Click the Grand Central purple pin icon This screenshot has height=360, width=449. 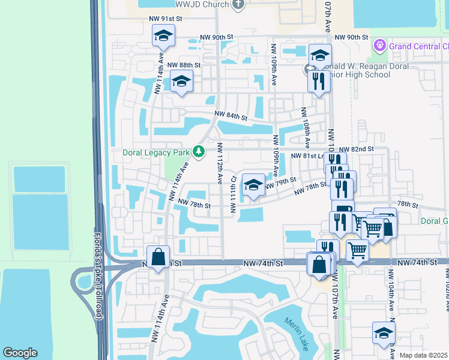(x=379, y=46)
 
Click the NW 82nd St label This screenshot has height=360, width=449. (x=357, y=148)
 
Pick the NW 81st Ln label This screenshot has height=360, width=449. (x=308, y=155)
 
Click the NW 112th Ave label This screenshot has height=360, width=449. (x=220, y=166)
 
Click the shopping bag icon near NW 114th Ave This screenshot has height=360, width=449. (x=158, y=257)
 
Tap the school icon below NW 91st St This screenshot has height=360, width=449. (x=163, y=37)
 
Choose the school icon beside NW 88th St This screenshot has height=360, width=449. (x=181, y=82)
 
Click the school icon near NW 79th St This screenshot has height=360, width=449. (x=253, y=185)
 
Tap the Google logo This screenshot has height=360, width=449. (x=20, y=352)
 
